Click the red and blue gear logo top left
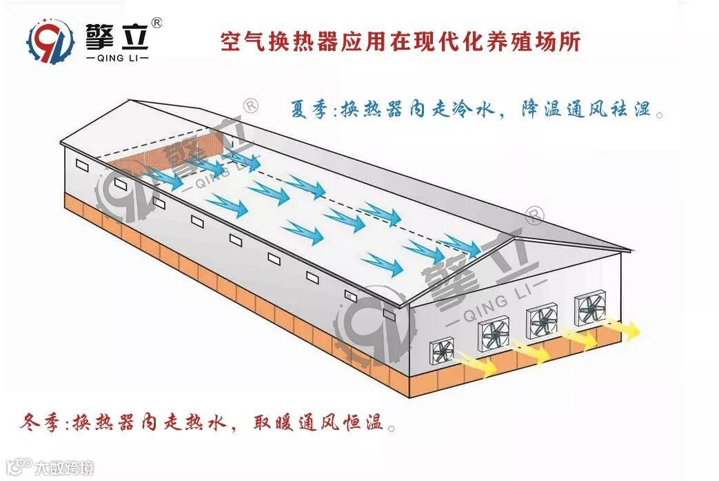pos(50,41)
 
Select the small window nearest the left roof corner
pos(82,166)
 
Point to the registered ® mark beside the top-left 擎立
pos(156,23)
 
